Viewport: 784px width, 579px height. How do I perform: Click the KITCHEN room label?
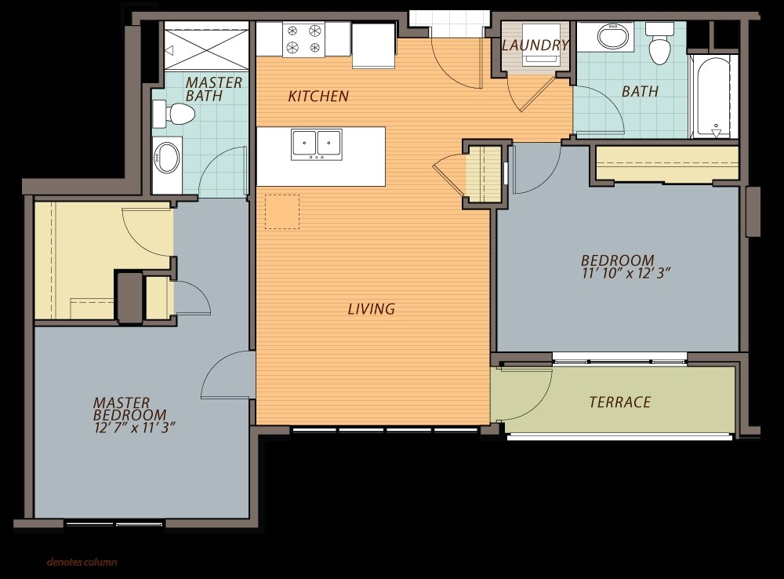(x=318, y=96)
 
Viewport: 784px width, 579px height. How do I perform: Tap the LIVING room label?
(x=372, y=309)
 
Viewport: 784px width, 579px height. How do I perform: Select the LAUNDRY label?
(x=535, y=46)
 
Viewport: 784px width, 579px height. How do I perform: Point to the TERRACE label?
(x=620, y=402)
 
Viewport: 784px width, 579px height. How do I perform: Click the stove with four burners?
(x=303, y=39)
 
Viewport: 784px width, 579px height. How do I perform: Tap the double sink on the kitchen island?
(x=317, y=144)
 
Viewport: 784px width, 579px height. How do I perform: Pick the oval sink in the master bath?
(x=168, y=158)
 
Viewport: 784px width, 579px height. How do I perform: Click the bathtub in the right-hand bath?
(x=713, y=96)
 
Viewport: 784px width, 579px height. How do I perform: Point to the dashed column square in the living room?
(x=282, y=212)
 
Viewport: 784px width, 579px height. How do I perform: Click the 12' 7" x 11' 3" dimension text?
(x=135, y=428)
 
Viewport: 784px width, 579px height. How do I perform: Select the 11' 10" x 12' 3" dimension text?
(x=626, y=273)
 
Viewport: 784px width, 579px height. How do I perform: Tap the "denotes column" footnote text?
(x=82, y=562)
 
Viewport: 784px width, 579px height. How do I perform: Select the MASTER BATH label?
(x=213, y=89)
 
